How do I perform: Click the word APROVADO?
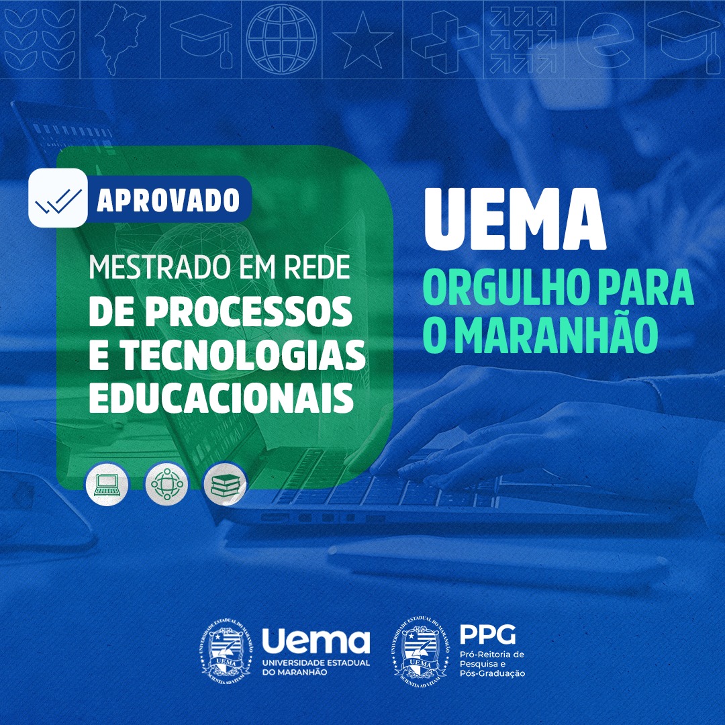tap(168, 200)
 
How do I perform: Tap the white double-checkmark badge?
tap(58, 197)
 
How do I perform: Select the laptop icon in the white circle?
tap(107, 484)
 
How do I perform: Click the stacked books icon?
tap(225, 484)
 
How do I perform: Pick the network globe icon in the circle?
tap(166, 484)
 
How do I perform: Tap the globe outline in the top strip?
tap(281, 40)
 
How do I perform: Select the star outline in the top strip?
tap(362, 41)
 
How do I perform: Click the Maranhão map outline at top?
tap(119, 39)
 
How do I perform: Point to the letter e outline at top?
tap(605, 40)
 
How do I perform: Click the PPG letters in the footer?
tap(487, 634)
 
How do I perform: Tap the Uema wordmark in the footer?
tap(316, 640)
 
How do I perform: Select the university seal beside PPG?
tap(421, 652)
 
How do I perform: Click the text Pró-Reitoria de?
tap(492, 655)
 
